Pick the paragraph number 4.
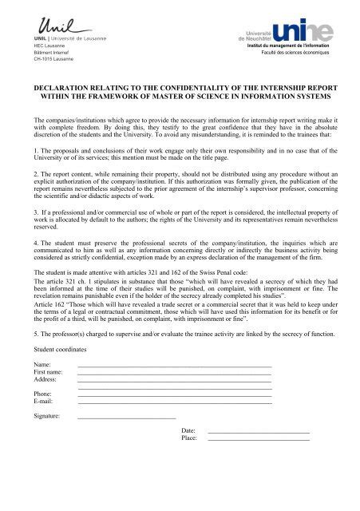click(x=26, y=264)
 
